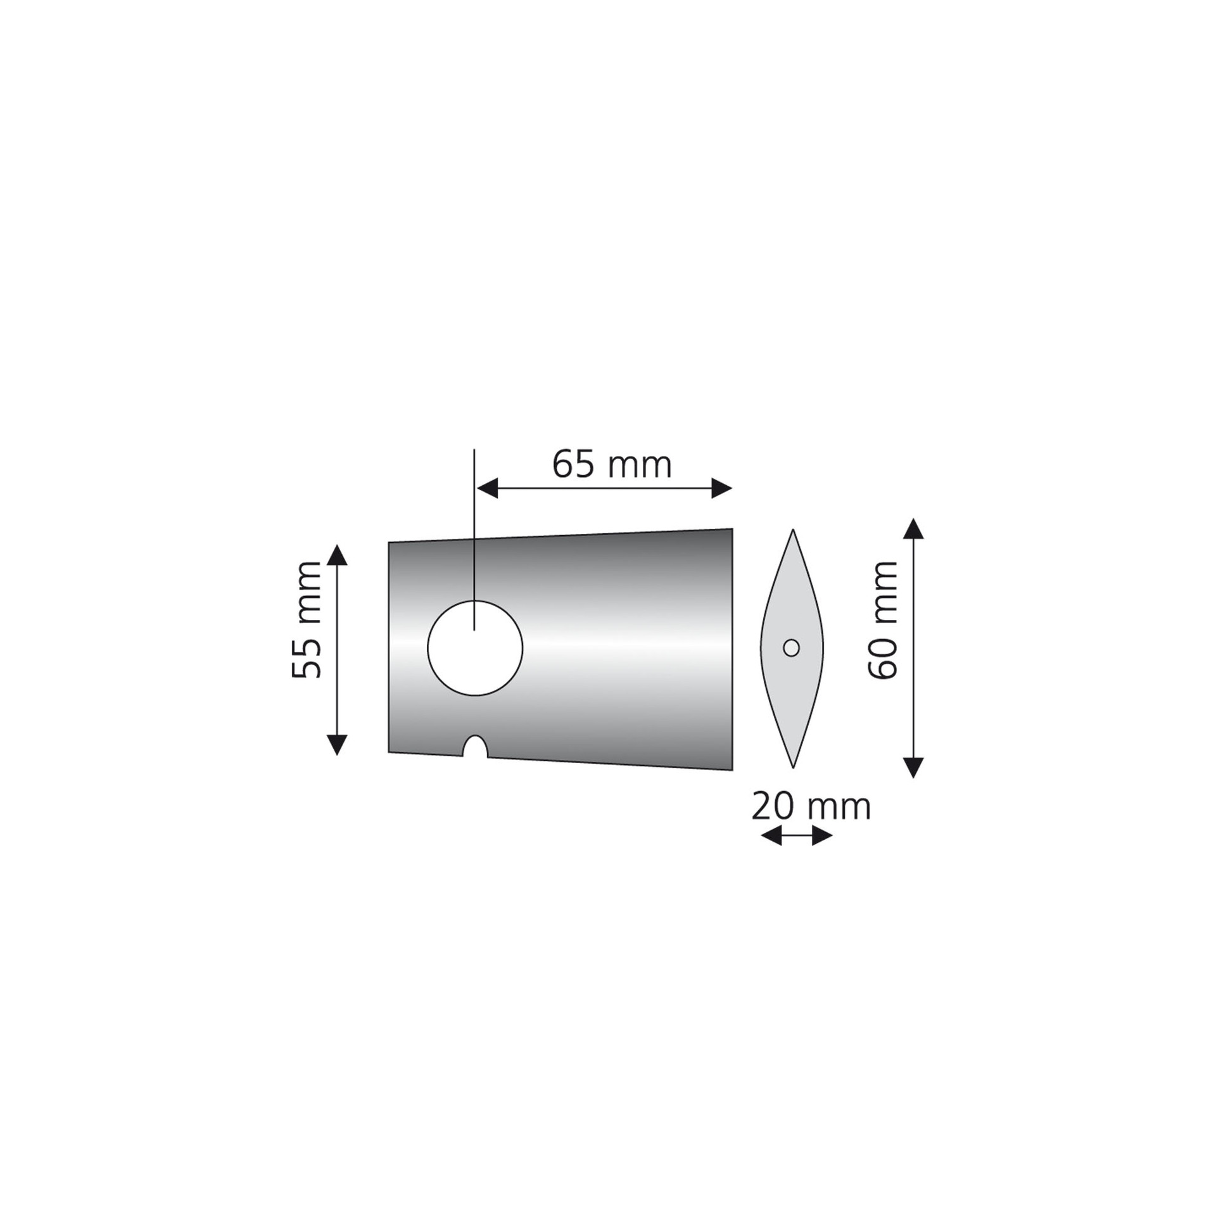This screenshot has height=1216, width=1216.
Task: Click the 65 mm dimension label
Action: point(611,465)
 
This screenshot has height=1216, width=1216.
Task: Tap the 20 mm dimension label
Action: point(811,807)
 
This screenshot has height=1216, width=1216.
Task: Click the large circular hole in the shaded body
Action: point(475,648)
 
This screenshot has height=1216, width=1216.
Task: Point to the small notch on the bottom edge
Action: point(475,747)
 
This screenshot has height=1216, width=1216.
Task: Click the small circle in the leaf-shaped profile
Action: point(791,648)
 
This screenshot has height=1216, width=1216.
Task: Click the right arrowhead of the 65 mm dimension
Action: point(722,488)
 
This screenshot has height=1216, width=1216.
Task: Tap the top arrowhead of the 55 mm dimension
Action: point(337,555)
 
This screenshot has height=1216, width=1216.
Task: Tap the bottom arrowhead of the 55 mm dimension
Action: point(337,744)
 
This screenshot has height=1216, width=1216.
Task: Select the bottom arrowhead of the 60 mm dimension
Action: point(913,768)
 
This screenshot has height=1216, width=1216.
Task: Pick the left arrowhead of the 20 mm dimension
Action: point(771,837)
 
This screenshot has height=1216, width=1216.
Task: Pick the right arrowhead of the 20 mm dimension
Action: point(821,837)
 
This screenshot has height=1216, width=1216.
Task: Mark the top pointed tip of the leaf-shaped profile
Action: point(793,531)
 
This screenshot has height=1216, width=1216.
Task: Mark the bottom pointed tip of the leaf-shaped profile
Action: point(793,767)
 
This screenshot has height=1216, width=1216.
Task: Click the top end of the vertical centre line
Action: point(474,450)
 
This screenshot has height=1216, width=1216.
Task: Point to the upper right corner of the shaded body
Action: point(731,529)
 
